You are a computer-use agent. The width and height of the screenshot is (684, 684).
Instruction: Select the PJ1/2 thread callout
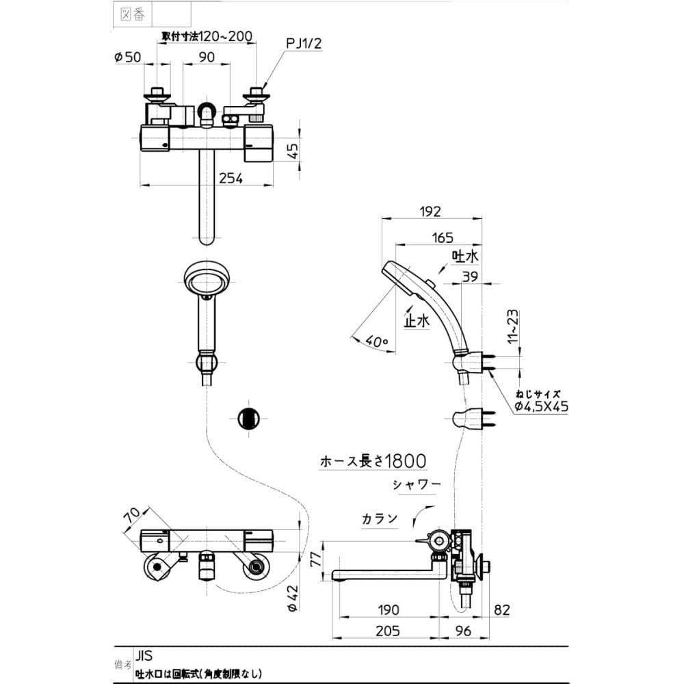(304, 44)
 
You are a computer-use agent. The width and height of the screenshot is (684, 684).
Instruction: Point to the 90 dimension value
(207, 58)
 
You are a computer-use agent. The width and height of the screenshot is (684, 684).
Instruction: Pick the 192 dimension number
(430, 211)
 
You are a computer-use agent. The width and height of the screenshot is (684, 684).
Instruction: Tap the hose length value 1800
(406, 462)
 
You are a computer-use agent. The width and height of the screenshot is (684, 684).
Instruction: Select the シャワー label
(417, 484)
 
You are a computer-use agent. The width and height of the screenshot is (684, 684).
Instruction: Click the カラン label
(380, 518)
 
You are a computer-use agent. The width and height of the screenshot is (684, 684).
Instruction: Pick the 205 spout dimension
(387, 631)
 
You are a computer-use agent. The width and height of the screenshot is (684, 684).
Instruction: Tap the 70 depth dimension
(134, 518)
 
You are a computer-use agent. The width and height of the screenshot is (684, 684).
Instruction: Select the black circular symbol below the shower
(248, 417)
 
